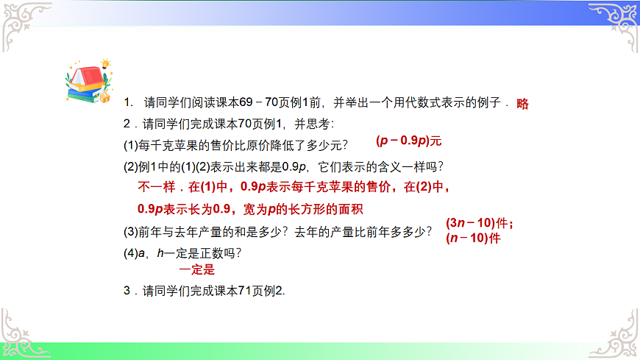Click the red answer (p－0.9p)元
408,140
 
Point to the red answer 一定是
196,270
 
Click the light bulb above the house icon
105,64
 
